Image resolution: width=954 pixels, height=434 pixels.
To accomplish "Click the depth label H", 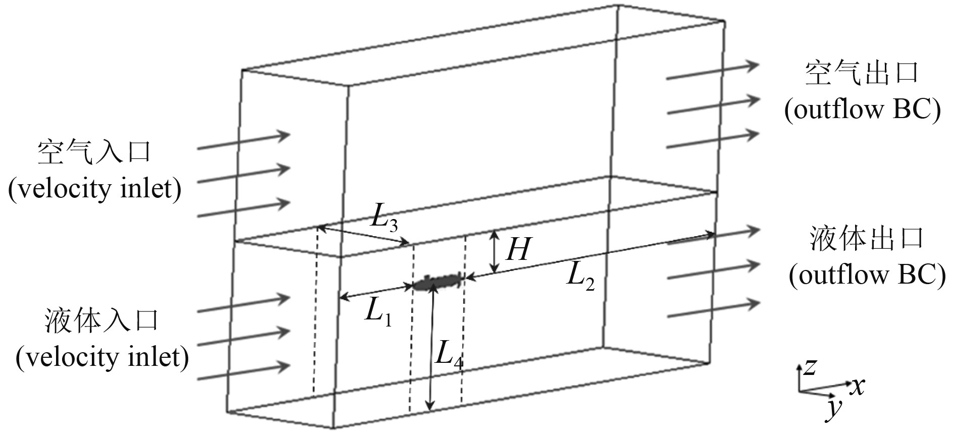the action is (x=518, y=249).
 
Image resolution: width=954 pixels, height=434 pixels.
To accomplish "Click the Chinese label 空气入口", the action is (x=94, y=152).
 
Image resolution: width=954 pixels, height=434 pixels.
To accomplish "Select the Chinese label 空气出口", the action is (x=862, y=74).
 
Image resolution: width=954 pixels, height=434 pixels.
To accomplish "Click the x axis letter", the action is (x=857, y=387).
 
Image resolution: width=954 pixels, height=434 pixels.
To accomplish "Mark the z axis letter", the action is (x=809, y=367).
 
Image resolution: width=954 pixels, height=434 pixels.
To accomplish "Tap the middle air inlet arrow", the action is (x=243, y=175).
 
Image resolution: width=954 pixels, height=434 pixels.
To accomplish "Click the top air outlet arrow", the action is (x=713, y=71).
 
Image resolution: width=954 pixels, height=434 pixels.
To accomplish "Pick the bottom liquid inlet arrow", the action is (x=243, y=372).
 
